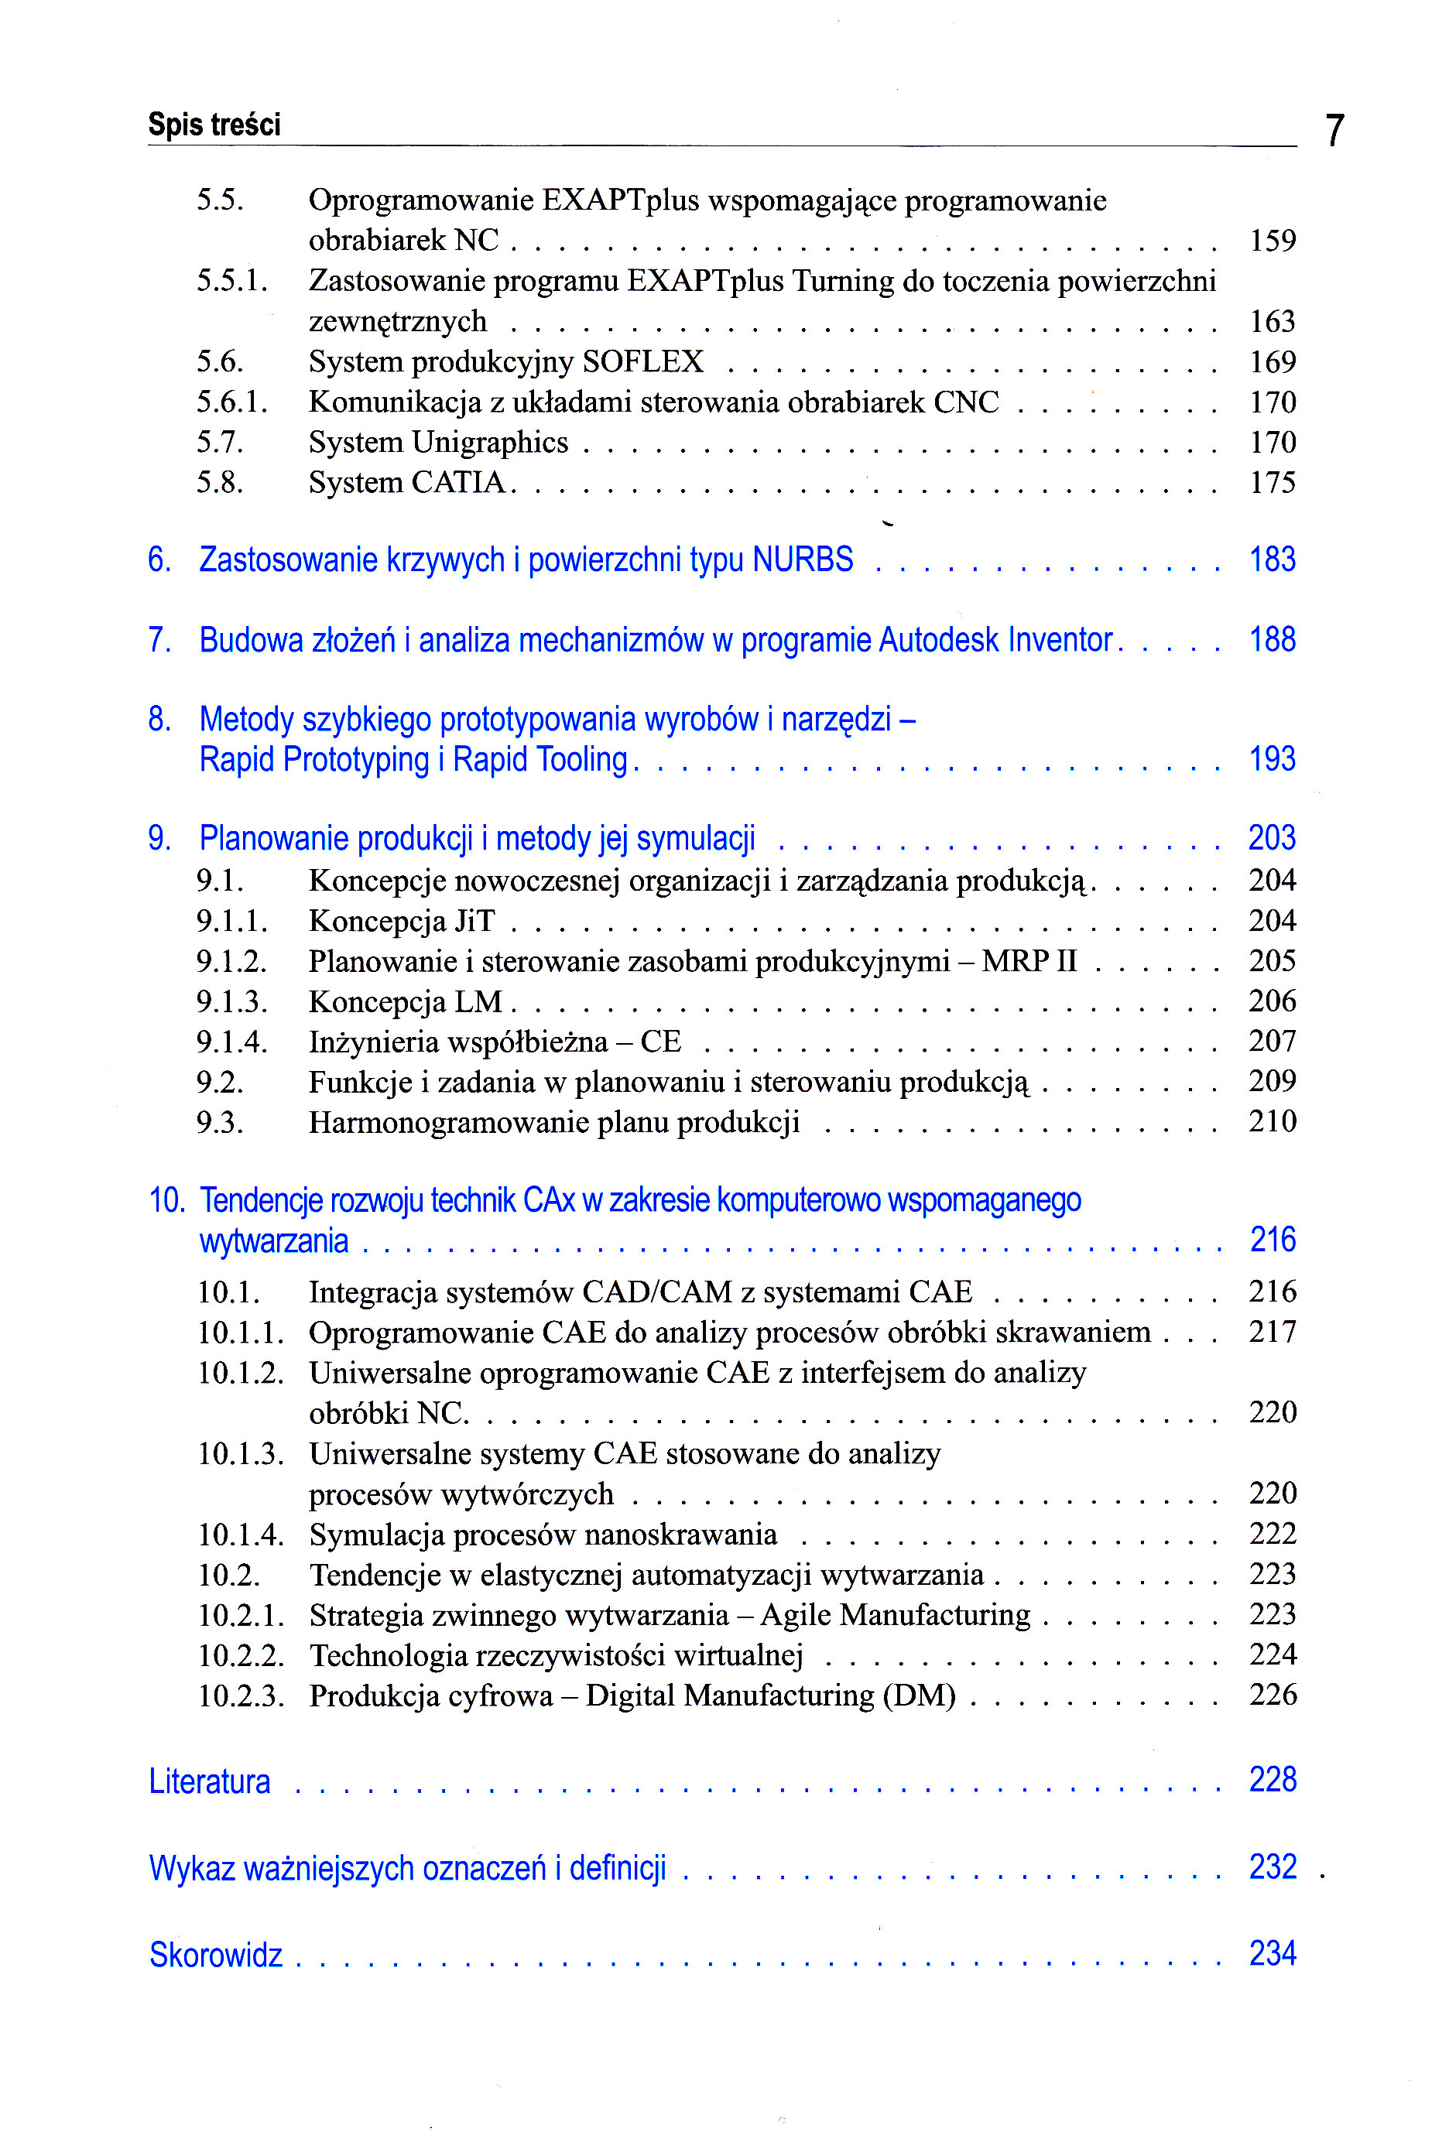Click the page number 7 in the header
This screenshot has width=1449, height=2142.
pos(1334,130)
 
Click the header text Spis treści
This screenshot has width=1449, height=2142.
pos(214,125)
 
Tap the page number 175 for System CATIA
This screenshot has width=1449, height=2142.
pos(1272,482)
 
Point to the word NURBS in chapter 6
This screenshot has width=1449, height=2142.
pos(802,559)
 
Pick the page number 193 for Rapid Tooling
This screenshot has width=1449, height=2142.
pos(1272,759)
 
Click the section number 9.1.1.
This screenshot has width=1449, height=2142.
pos(231,921)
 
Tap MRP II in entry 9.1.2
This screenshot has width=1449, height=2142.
pos(1029,961)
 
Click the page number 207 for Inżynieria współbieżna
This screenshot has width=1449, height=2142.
pos(1272,1042)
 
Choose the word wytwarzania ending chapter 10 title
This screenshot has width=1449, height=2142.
pos(274,1241)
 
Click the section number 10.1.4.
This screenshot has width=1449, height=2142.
pos(241,1535)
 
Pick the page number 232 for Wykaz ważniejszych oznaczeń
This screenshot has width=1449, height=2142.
pos(1272,1867)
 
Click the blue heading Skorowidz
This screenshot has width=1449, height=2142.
pos(216,1955)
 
